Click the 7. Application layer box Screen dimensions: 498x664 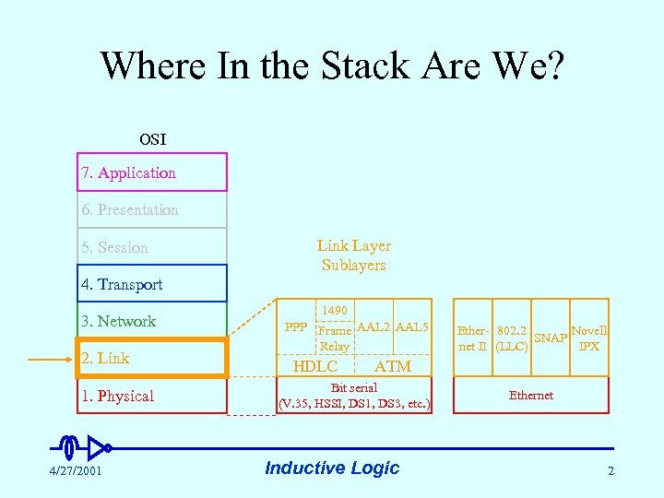click(151, 172)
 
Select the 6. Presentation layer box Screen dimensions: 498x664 click(151, 209)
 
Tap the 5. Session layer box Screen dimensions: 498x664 click(151, 247)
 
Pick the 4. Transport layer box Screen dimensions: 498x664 click(151, 284)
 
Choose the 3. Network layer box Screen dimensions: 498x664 click(151, 321)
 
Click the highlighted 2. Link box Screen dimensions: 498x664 click(151, 358)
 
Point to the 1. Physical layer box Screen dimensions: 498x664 click(151, 396)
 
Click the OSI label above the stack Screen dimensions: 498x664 click(152, 139)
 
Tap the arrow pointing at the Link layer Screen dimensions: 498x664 click(52, 359)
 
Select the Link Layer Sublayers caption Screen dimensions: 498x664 click(354, 255)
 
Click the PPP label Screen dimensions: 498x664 click(296, 327)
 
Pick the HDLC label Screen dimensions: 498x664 click(314, 366)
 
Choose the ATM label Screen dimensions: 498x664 click(393, 366)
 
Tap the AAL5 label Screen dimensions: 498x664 click(412, 327)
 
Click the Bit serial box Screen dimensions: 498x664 click(354, 396)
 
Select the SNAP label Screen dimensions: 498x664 click(551, 338)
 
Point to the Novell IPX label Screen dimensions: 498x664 click(588, 338)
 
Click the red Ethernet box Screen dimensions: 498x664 click(531, 396)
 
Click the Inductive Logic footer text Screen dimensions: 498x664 click(332, 468)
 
